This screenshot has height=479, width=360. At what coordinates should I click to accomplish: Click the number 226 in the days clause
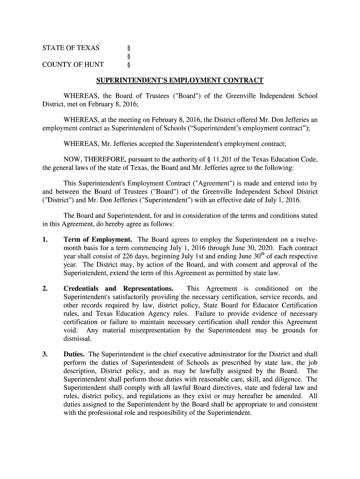point(138,256)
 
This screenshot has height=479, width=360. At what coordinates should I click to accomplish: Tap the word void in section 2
point(71,331)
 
